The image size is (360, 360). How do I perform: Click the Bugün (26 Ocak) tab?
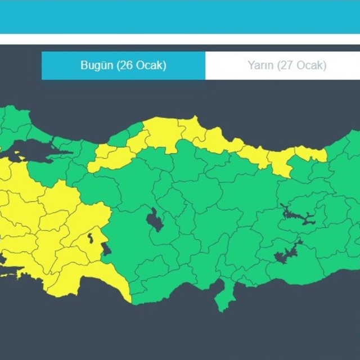123,65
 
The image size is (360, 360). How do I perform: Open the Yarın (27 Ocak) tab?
287,65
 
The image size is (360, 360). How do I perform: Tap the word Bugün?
97,65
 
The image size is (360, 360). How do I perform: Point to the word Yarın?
260,65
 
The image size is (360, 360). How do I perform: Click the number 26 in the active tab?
126,65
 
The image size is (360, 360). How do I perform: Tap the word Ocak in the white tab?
312,65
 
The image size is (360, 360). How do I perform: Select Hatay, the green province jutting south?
223,298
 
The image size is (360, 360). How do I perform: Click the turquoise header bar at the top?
180,17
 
